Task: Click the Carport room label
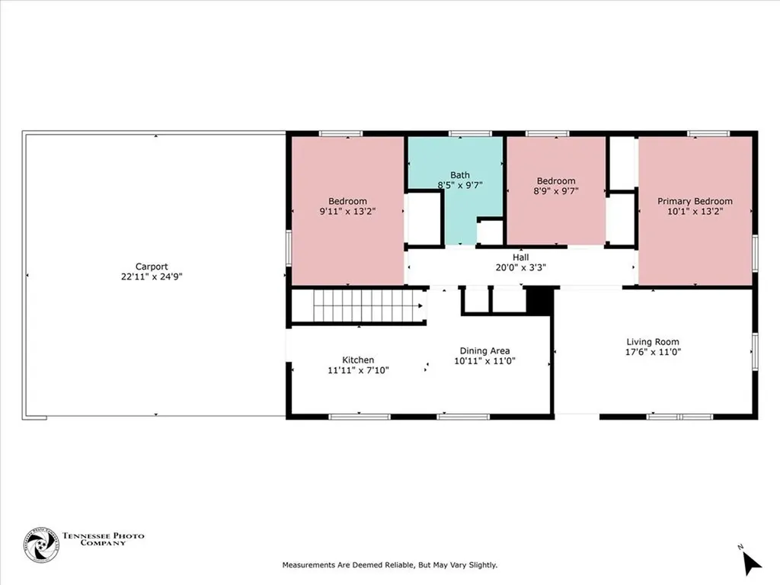[152, 267]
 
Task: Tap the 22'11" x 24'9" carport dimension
[152, 277]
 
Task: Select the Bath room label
[459, 175]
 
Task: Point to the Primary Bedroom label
[695, 201]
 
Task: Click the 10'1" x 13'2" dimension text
[695, 212]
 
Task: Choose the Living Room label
[653, 342]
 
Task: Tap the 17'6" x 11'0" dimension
[653, 352]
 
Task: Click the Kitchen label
[358, 360]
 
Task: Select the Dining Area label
[484, 350]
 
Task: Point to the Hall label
[521, 257]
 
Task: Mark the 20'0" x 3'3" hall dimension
[521, 267]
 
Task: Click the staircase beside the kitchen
[369, 306]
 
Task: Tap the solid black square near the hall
[540, 301]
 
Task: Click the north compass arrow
[750, 563]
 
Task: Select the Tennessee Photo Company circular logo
[41, 545]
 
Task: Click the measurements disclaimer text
[389, 565]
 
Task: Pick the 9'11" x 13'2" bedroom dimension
[347, 212]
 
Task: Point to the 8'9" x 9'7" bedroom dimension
[555, 191]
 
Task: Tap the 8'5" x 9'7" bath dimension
[459, 185]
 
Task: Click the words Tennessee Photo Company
[103, 539]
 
